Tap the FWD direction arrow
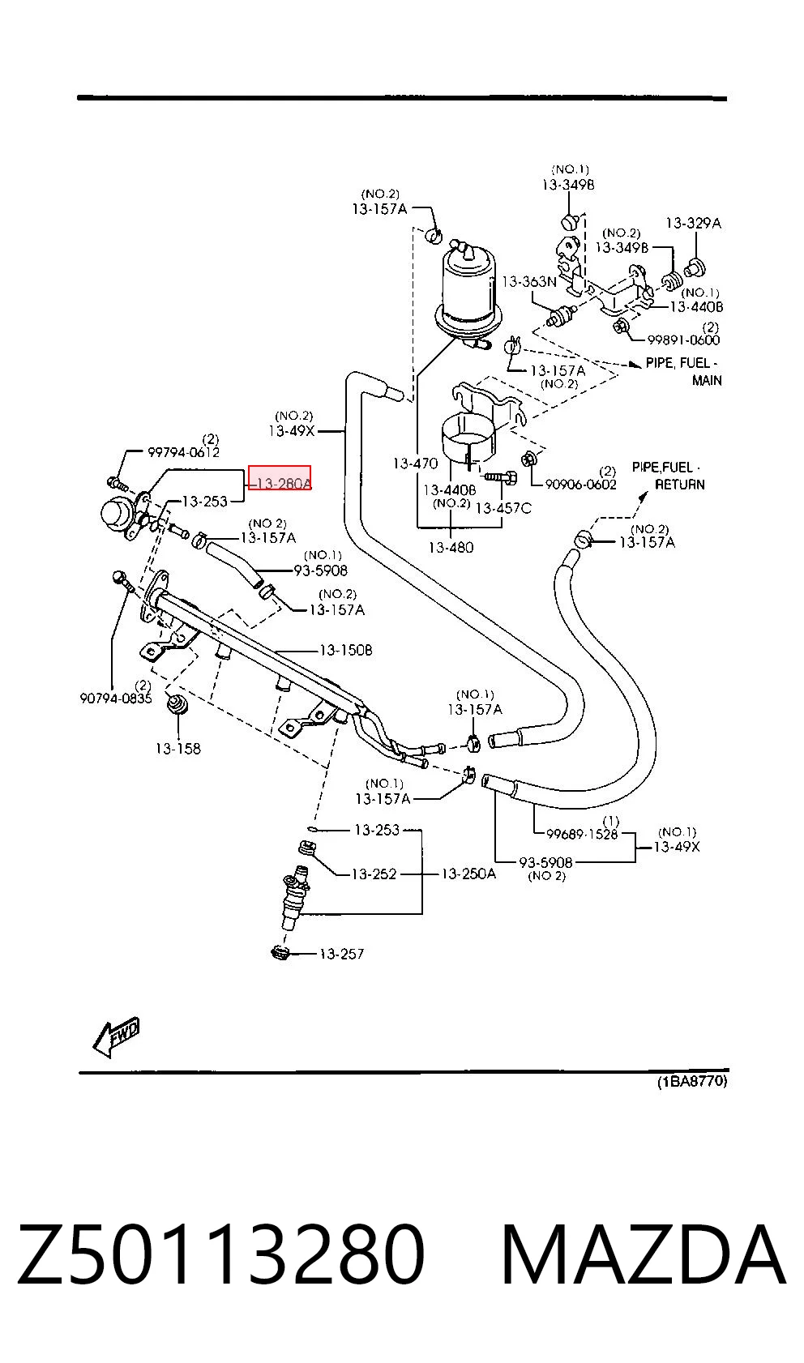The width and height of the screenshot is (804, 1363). click(x=117, y=1036)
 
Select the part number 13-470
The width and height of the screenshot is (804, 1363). click(x=416, y=464)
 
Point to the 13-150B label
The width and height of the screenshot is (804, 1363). click(x=346, y=651)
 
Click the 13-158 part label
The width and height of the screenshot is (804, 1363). click(x=178, y=749)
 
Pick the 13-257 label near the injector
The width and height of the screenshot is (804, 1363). click(x=341, y=954)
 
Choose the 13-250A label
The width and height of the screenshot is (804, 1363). click(x=468, y=874)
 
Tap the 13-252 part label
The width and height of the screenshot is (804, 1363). click(x=374, y=874)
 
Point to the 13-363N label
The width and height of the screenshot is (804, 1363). click(x=529, y=282)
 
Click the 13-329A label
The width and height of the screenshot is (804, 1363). click(x=693, y=224)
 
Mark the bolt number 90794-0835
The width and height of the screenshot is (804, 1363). click(x=116, y=698)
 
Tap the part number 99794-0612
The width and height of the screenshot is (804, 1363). click(x=184, y=452)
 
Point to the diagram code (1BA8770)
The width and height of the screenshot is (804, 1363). click(x=692, y=1081)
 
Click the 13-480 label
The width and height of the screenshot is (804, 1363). click(x=451, y=548)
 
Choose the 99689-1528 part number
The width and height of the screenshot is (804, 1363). click(x=582, y=834)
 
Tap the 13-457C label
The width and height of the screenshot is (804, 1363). click(x=503, y=508)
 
